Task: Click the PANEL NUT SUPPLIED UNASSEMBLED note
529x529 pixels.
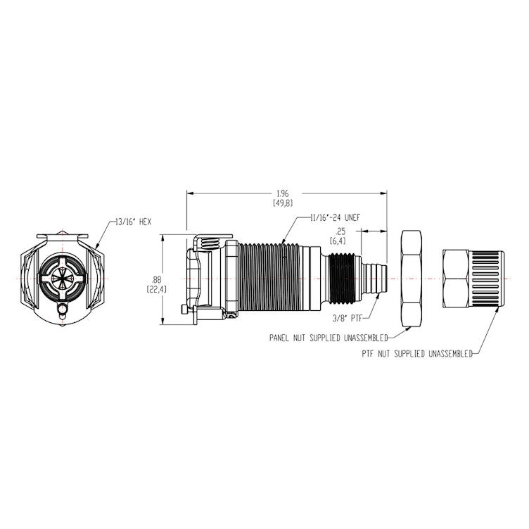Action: (331, 338)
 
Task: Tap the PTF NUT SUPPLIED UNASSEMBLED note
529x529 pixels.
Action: (414, 355)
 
